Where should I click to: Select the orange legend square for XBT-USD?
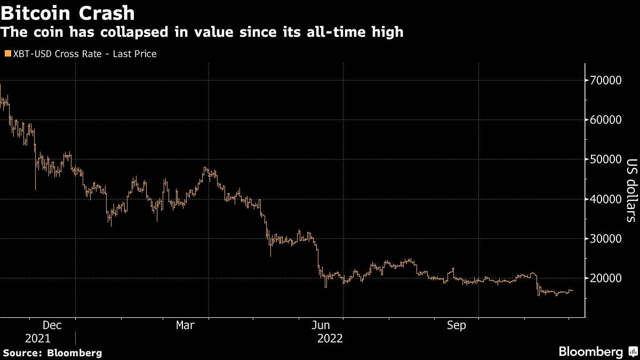click(7, 54)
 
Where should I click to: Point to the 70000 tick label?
click(606, 81)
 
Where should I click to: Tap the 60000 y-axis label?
click(606, 120)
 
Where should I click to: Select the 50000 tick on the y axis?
click(606, 159)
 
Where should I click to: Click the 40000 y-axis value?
click(606, 199)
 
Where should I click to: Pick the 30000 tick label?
click(606, 238)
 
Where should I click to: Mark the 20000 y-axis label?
click(606, 278)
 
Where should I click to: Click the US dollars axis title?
click(630, 190)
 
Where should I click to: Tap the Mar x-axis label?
click(185, 325)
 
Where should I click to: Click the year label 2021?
click(37, 338)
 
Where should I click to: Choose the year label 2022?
click(330, 338)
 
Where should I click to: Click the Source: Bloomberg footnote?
click(52, 353)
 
